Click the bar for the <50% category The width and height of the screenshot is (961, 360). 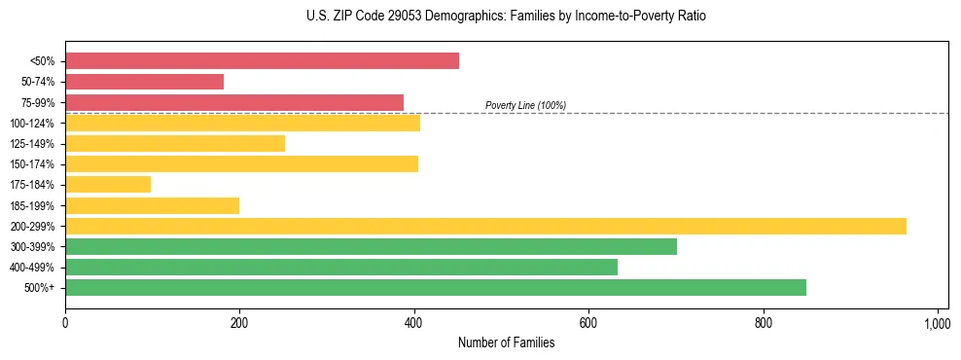tap(262, 61)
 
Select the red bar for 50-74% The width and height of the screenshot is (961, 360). tap(144, 82)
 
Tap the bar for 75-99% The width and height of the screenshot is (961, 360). tap(234, 102)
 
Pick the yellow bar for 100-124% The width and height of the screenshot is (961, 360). tap(242, 123)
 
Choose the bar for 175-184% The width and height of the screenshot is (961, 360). tap(108, 184)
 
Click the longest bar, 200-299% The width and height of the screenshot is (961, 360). tap(485, 226)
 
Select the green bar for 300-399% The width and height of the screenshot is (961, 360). tap(371, 246)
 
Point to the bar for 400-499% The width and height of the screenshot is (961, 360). tap(341, 267)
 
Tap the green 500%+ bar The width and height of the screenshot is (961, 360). tap(436, 287)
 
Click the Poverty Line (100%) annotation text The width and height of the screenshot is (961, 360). tap(525, 105)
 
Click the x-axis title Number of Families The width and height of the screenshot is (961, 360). tap(506, 342)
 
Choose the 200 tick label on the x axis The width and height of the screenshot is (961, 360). tap(239, 322)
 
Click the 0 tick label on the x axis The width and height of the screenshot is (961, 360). tap(65, 322)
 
